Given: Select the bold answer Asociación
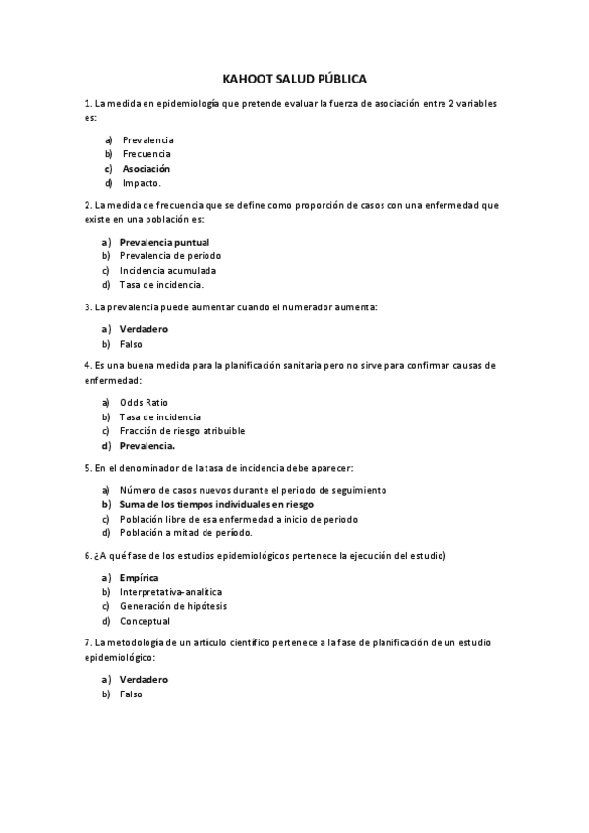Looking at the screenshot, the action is [x=146, y=168].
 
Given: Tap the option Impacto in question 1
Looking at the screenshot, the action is [x=142, y=183].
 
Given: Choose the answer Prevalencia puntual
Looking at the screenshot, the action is [x=164, y=242].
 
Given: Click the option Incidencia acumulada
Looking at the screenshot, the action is [x=168, y=270].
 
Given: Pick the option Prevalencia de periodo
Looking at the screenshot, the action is [x=170, y=255].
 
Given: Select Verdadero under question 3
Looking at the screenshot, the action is [x=144, y=329].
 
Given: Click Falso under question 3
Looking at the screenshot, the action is [x=131, y=344].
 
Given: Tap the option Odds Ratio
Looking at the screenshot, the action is [x=144, y=402].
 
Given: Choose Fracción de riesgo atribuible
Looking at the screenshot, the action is [x=182, y=430].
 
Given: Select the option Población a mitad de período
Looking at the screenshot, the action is [x=186, y=532].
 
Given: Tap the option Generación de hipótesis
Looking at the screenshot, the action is [x=173, y=606].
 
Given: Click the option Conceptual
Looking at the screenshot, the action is [x=145, y=621].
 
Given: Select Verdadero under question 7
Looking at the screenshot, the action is [x=144, y=679].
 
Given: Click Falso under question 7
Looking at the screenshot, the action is [x=131, y=694].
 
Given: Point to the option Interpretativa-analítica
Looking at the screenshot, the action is [x=171, y=592].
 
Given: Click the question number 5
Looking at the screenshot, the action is [x=88, y=468].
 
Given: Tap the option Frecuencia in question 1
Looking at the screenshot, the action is [x=147, y=154].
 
